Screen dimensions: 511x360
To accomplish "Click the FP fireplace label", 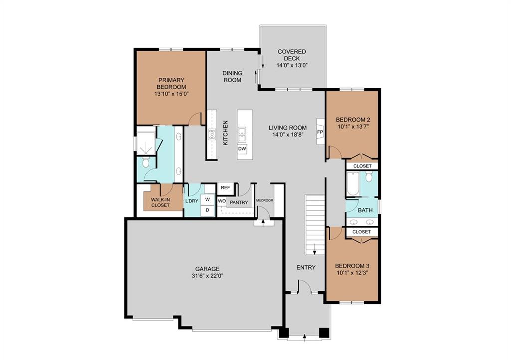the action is (x=320, y=132).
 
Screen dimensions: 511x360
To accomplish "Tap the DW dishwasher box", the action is (x=242, y=149).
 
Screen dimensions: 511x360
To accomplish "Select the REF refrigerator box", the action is (x=225, y=188).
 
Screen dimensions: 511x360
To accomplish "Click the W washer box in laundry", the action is (x=207, y=199).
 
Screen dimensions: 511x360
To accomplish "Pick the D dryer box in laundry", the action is (x=207, y=210).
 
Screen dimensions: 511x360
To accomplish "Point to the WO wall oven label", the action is (x=222, y=201).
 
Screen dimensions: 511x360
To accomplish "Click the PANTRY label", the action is (x=239, y=203).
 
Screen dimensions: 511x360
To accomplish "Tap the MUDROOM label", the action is (x=265, y=200).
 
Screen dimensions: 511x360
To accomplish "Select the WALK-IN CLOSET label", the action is (x=160, y=202).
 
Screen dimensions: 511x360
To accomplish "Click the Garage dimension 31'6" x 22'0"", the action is (x=207, y=276).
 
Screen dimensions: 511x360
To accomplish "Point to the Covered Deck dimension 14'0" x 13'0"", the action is (x=291, y=65).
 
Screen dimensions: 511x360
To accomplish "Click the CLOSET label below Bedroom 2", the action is (x=362, y=166).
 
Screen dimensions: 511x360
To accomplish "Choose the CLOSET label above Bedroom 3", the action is (x=362, y=232).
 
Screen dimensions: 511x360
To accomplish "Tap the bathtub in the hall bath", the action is (x=353, y=184).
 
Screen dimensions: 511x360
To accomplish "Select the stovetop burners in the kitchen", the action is (x=212, y=134).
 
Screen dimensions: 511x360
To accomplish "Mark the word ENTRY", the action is (x=306, y=268).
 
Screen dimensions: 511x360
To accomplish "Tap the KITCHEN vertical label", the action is (x=225, y=133).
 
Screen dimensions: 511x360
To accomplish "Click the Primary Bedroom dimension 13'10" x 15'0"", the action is (x=172, y=94).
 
